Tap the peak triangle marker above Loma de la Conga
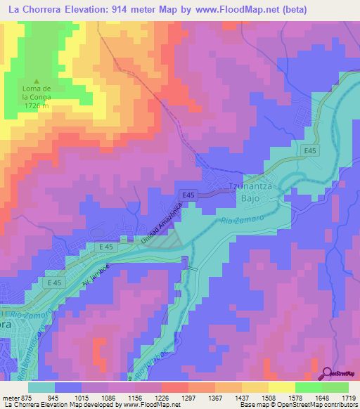(x=38, y=81)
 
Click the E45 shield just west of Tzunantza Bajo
(x=187, y=194)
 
